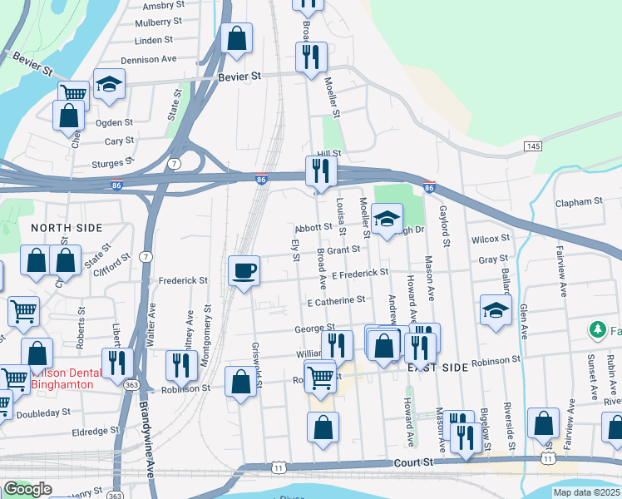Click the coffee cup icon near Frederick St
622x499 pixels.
coord(244,271)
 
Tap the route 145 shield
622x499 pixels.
coord(533,146)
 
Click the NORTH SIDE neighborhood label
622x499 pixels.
coord(66,227)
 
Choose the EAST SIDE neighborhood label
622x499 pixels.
coord(437,367)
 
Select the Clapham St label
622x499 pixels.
coord(580,202)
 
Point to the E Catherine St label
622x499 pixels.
coord(336,299)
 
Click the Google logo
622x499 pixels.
coord(27,489)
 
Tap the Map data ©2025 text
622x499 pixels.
coord(587,492)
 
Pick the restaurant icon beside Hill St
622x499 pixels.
coord(320,171)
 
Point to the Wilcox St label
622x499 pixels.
coord(490,239)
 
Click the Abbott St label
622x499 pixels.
coord(313,228)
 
